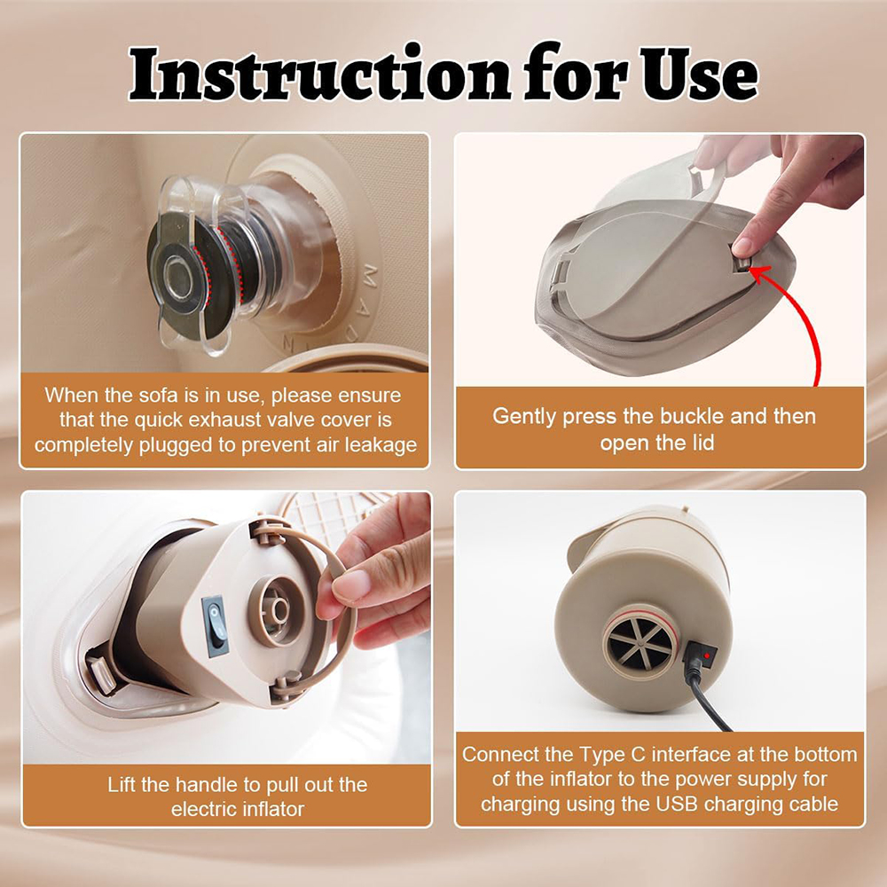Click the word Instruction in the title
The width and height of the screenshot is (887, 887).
pyautogui.click(x=320, y=74)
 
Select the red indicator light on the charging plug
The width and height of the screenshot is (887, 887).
pyautogui.click(x=706, y=655)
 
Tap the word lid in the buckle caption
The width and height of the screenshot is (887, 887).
pyautogui.click(x=702, y=443)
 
